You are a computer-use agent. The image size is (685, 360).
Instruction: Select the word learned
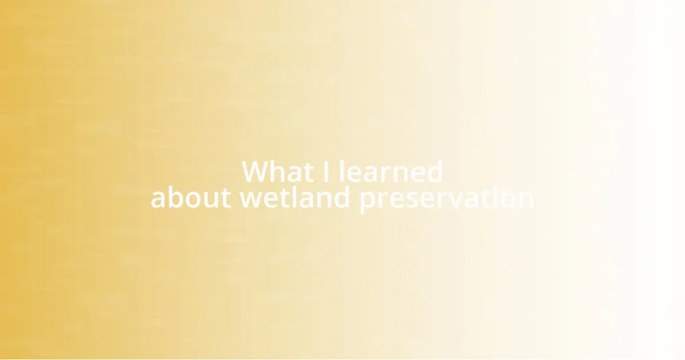point(391,172)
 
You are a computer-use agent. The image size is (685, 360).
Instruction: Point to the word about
point(191,199)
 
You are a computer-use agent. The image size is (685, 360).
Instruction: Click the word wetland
point(296,199)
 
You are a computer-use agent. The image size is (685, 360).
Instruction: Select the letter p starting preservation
point(368,201)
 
